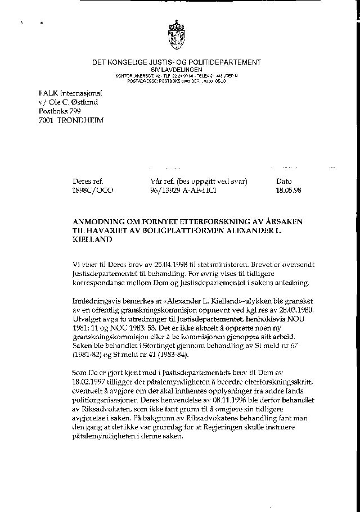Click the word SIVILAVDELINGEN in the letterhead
click(177, 69)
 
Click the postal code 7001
click(47, 120)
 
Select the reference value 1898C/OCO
click(93, 191)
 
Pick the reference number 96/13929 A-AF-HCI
click(180, 191)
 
